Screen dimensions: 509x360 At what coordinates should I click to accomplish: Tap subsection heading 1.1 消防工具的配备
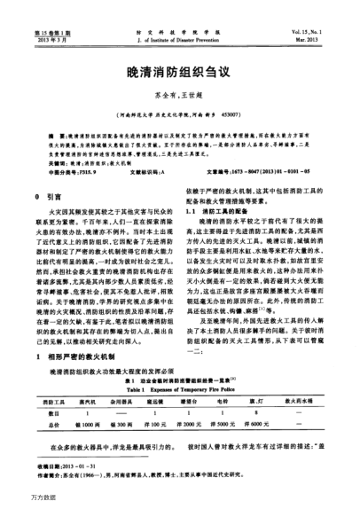[x=217, y=215]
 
